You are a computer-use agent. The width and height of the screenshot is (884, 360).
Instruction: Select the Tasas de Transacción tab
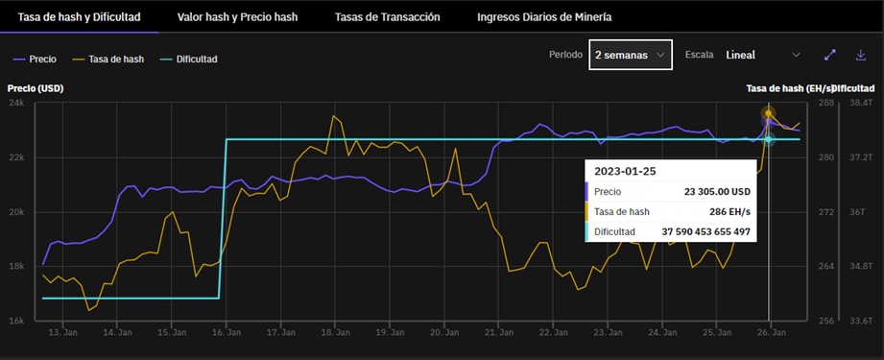point(387,17)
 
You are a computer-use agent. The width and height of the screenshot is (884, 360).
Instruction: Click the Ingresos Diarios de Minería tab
point(543,17)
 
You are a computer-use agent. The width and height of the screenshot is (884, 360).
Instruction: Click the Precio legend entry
point(36,59)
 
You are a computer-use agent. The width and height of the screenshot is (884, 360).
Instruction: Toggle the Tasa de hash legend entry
point(110,59)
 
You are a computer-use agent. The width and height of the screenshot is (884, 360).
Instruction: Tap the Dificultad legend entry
point(189,59)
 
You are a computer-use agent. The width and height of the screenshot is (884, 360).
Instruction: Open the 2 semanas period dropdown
point(630,56)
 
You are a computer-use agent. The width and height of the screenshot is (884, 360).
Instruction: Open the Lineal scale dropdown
point(763,56)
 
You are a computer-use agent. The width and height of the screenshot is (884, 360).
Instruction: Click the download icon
point(860,56)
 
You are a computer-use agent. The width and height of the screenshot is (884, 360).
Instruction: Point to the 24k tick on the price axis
point(16,103)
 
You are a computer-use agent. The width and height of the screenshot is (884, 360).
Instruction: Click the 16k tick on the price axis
point(16,321)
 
